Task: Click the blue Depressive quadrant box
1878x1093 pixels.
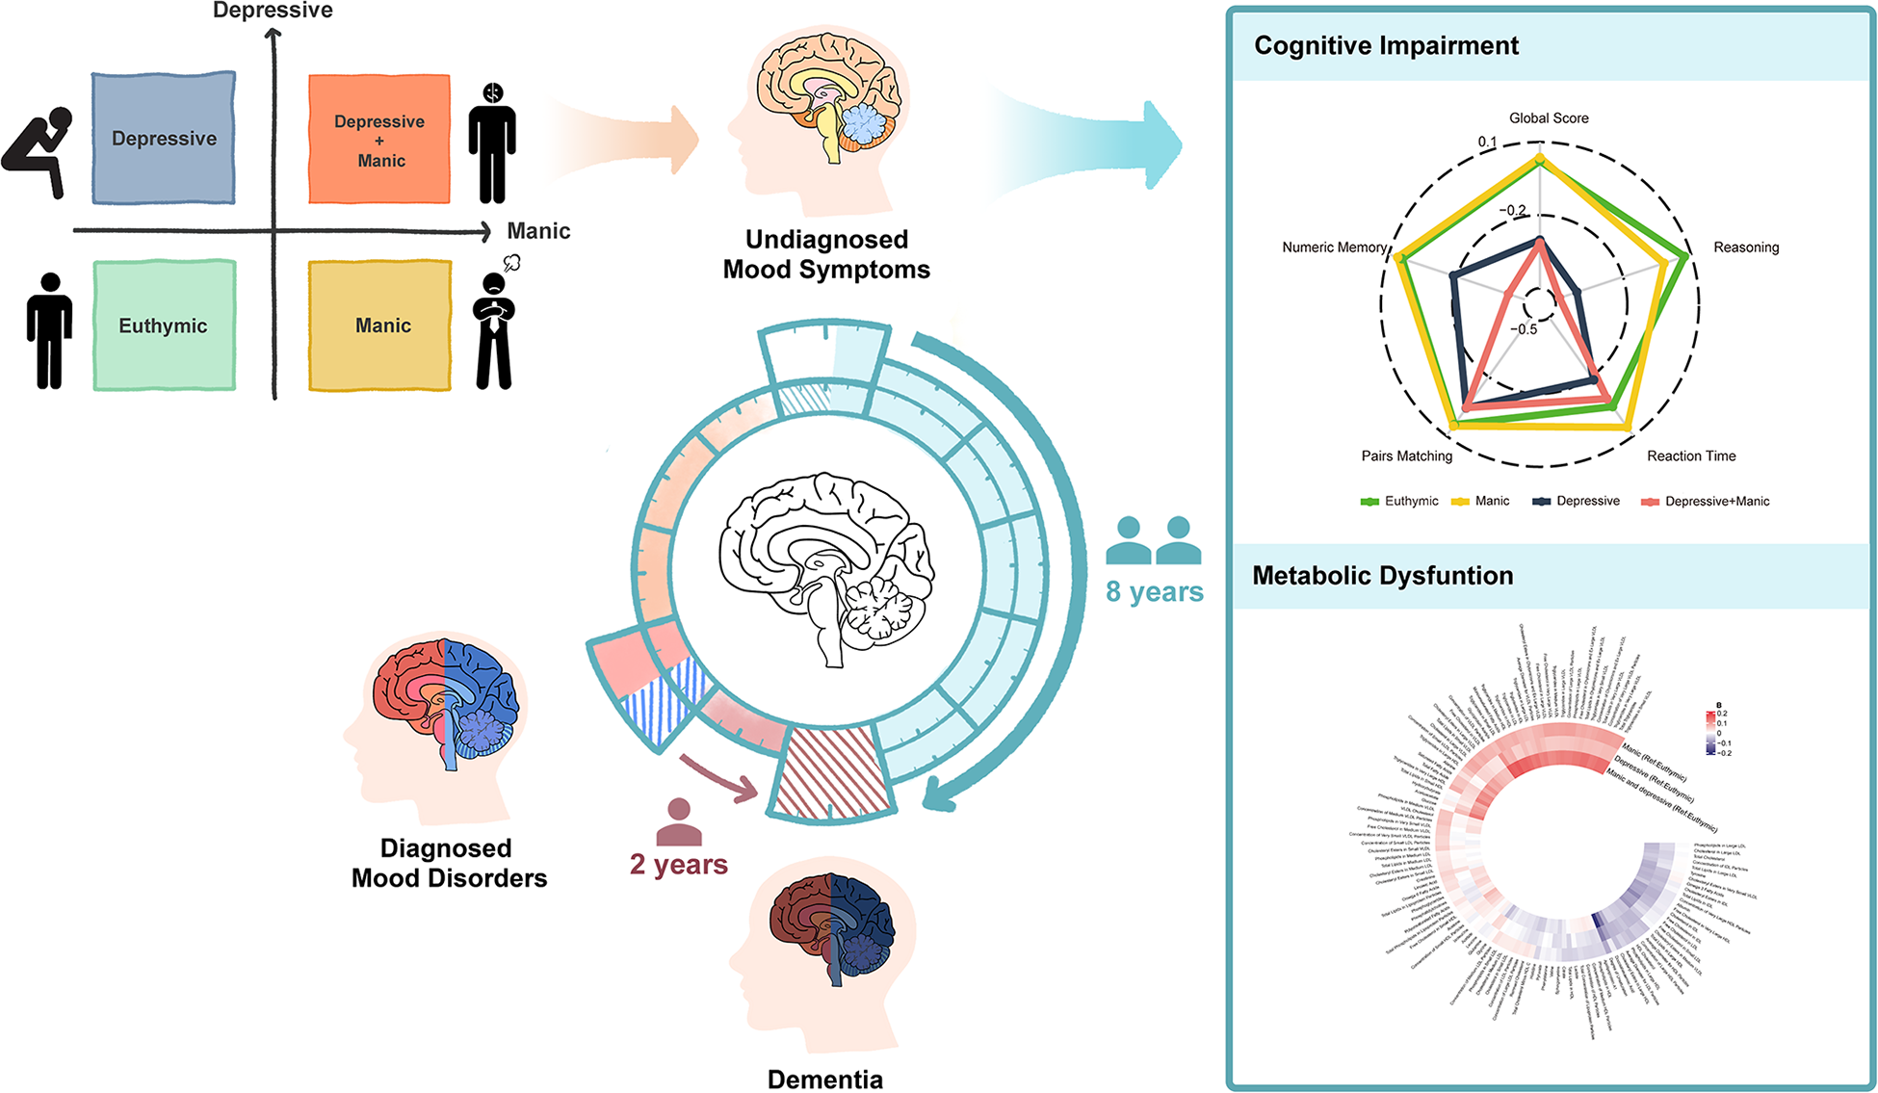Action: [x=164, y=138]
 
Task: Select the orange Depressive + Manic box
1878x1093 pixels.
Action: [x=379, y=140]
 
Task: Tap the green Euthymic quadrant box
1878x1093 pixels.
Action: [x=164, y=325]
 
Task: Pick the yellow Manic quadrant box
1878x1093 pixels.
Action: [x=380, y=325]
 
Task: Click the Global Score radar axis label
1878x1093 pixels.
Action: [x=1549, y=118]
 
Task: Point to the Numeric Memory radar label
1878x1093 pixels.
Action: [x=1334, y=247]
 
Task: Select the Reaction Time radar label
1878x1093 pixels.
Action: [x=1691, y=456]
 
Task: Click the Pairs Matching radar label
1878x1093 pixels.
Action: [x=1406, y=456]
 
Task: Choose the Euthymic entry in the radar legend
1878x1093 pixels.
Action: [x=1400, y=502]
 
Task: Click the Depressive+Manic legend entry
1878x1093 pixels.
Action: [x=1707, y=502]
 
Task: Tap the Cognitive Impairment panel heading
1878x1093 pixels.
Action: [x=1386, y=46]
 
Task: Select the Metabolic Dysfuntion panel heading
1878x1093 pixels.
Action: [x=1382, y=576]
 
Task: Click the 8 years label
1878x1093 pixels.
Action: [x=1155, y=592]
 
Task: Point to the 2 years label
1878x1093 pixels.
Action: [x=679, y=865]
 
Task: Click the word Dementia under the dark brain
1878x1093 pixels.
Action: [x=825, y=1080]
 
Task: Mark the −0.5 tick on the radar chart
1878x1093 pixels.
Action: [x=1524, y=329]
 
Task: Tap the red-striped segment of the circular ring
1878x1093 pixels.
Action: [x=830, y=772]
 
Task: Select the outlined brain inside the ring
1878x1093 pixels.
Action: [x=826, y=568]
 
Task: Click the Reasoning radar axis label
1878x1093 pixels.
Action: [x=1746, y=247]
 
